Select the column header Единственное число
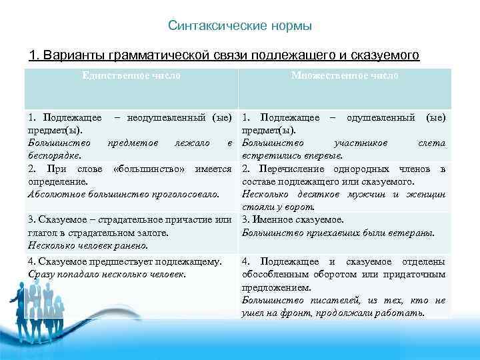coord(131,75)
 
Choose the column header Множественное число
coord(345,75)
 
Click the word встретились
coord(272,155)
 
